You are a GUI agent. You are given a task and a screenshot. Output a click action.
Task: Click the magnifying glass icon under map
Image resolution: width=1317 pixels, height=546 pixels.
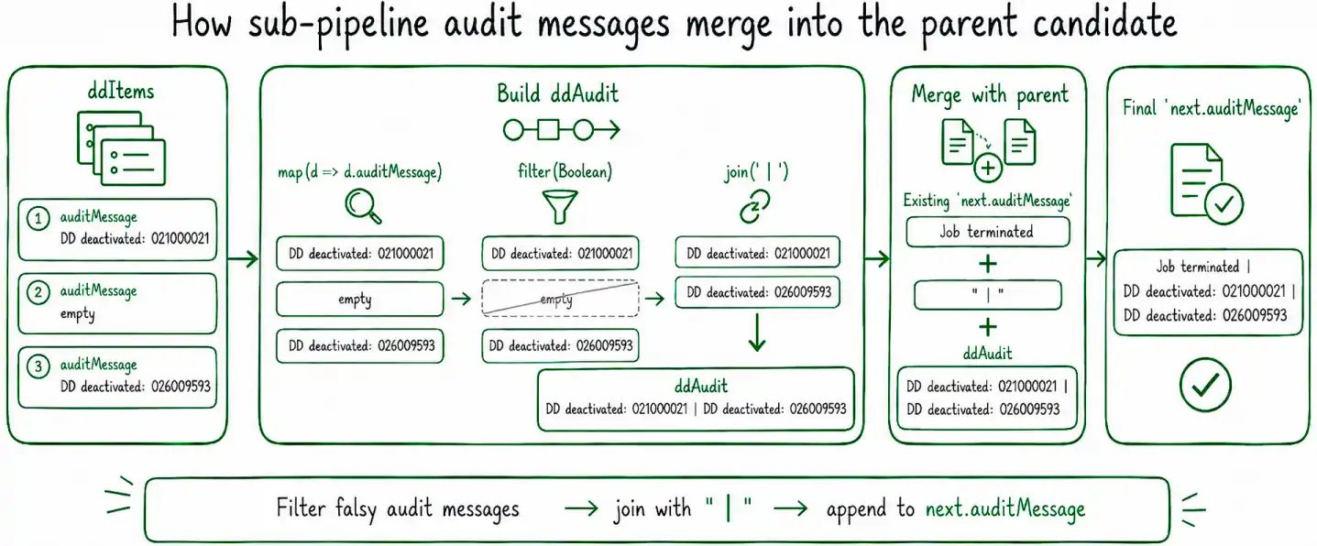tap(363, 206)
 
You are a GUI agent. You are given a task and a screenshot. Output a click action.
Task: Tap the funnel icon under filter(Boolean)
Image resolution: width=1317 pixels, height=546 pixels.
tap(559, 206)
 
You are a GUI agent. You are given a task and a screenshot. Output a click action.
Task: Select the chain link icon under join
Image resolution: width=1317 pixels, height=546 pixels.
tap(755, 206)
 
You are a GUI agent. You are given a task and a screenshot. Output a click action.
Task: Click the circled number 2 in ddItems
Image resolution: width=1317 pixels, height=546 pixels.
tap(38, 292)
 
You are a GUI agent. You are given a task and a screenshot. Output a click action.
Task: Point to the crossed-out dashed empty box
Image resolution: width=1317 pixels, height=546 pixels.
tap(560, 299)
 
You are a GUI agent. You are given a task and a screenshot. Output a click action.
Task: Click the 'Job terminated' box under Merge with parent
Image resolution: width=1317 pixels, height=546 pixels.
tap(987, 232)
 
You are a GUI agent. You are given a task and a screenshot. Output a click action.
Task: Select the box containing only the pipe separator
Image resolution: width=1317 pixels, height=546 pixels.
tap(988, 295)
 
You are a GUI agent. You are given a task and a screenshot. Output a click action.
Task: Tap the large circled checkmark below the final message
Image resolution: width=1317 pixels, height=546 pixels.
tap(1204, 385)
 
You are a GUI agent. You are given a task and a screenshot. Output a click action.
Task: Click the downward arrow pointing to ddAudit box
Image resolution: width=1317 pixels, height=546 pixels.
tap(757, 333)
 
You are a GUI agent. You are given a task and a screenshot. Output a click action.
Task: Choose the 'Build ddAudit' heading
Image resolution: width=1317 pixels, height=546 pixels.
tap(557, 94)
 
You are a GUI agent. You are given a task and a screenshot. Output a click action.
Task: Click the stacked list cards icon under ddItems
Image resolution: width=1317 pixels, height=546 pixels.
tap(121, 148)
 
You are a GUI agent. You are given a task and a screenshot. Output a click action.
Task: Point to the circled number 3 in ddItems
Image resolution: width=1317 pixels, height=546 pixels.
tap(38, 366)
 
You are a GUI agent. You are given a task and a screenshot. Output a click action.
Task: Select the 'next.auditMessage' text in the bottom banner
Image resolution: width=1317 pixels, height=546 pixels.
tap(1005, 509)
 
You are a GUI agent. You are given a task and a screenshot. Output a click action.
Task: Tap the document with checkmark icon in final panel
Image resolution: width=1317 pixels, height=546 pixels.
tap(1206, 184)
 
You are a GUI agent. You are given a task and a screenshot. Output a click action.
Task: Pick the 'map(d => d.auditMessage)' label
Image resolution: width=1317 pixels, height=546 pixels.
tap(360, 172)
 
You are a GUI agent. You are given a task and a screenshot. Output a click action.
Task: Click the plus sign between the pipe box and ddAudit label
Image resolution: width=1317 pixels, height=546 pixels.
tap(988, 327)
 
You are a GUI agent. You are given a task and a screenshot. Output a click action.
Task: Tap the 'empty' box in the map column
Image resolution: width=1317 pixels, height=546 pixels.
tap(360, 300)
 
